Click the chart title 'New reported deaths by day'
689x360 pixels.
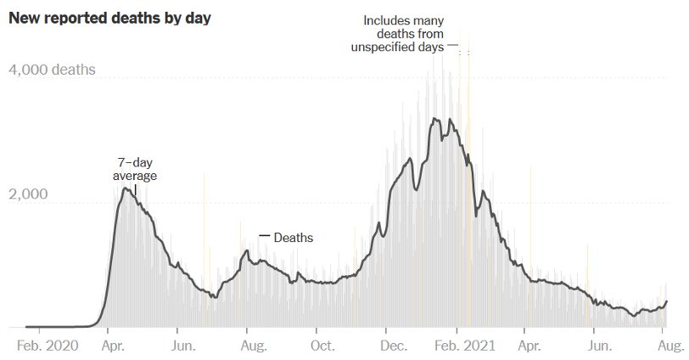click(109, 18)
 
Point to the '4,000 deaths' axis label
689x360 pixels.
click(52, 70)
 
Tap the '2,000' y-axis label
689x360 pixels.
click(28, 194)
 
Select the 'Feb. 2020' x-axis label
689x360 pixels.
click(48, 346)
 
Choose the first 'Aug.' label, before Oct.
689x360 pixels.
click(255, 346)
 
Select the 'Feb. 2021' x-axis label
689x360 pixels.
click(463, 346)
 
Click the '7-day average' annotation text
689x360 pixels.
click(135, 169)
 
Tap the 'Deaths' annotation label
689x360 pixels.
click(294, 238)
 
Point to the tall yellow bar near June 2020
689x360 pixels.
click(204, 246)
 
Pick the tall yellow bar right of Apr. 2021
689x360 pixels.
click(531, 246)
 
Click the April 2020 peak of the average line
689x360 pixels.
click(126, 188)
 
